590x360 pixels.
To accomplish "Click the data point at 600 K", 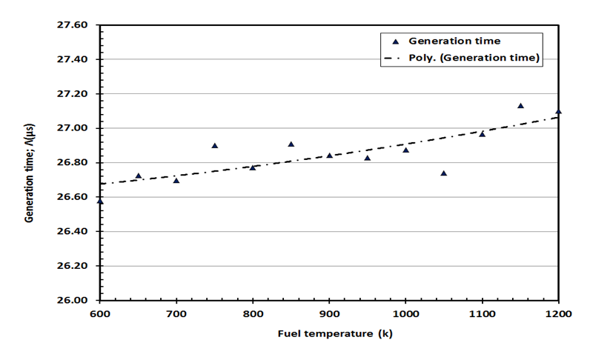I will click(x=100, y=201).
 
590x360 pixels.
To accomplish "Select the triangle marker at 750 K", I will click(x=215, y=145).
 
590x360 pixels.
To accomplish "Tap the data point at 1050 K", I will click(x=444, y=173).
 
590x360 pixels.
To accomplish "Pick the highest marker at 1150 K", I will click(x=520, y=106).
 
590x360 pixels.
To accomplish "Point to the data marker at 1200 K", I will click(x=558, y=111).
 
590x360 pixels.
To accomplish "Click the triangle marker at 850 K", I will click(x=291, y=144).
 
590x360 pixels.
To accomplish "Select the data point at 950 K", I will click(x=368, y=157).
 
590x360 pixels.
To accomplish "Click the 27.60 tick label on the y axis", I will click(x=73, y=25).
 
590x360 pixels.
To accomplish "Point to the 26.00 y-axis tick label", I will click(x=73, y=300).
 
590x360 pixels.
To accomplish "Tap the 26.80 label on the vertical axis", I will click(x=73, y=163).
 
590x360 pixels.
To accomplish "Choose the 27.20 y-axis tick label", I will click(x=73, y=94).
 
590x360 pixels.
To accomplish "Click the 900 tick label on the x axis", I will click(x=329, y=314).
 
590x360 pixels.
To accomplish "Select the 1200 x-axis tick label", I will click(x=559, y=314).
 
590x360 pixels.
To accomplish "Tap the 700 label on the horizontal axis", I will click(x=176, y=314).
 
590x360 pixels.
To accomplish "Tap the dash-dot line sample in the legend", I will click(x=396, y=58).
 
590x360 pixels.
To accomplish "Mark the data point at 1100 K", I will click(x=483, y=133).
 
